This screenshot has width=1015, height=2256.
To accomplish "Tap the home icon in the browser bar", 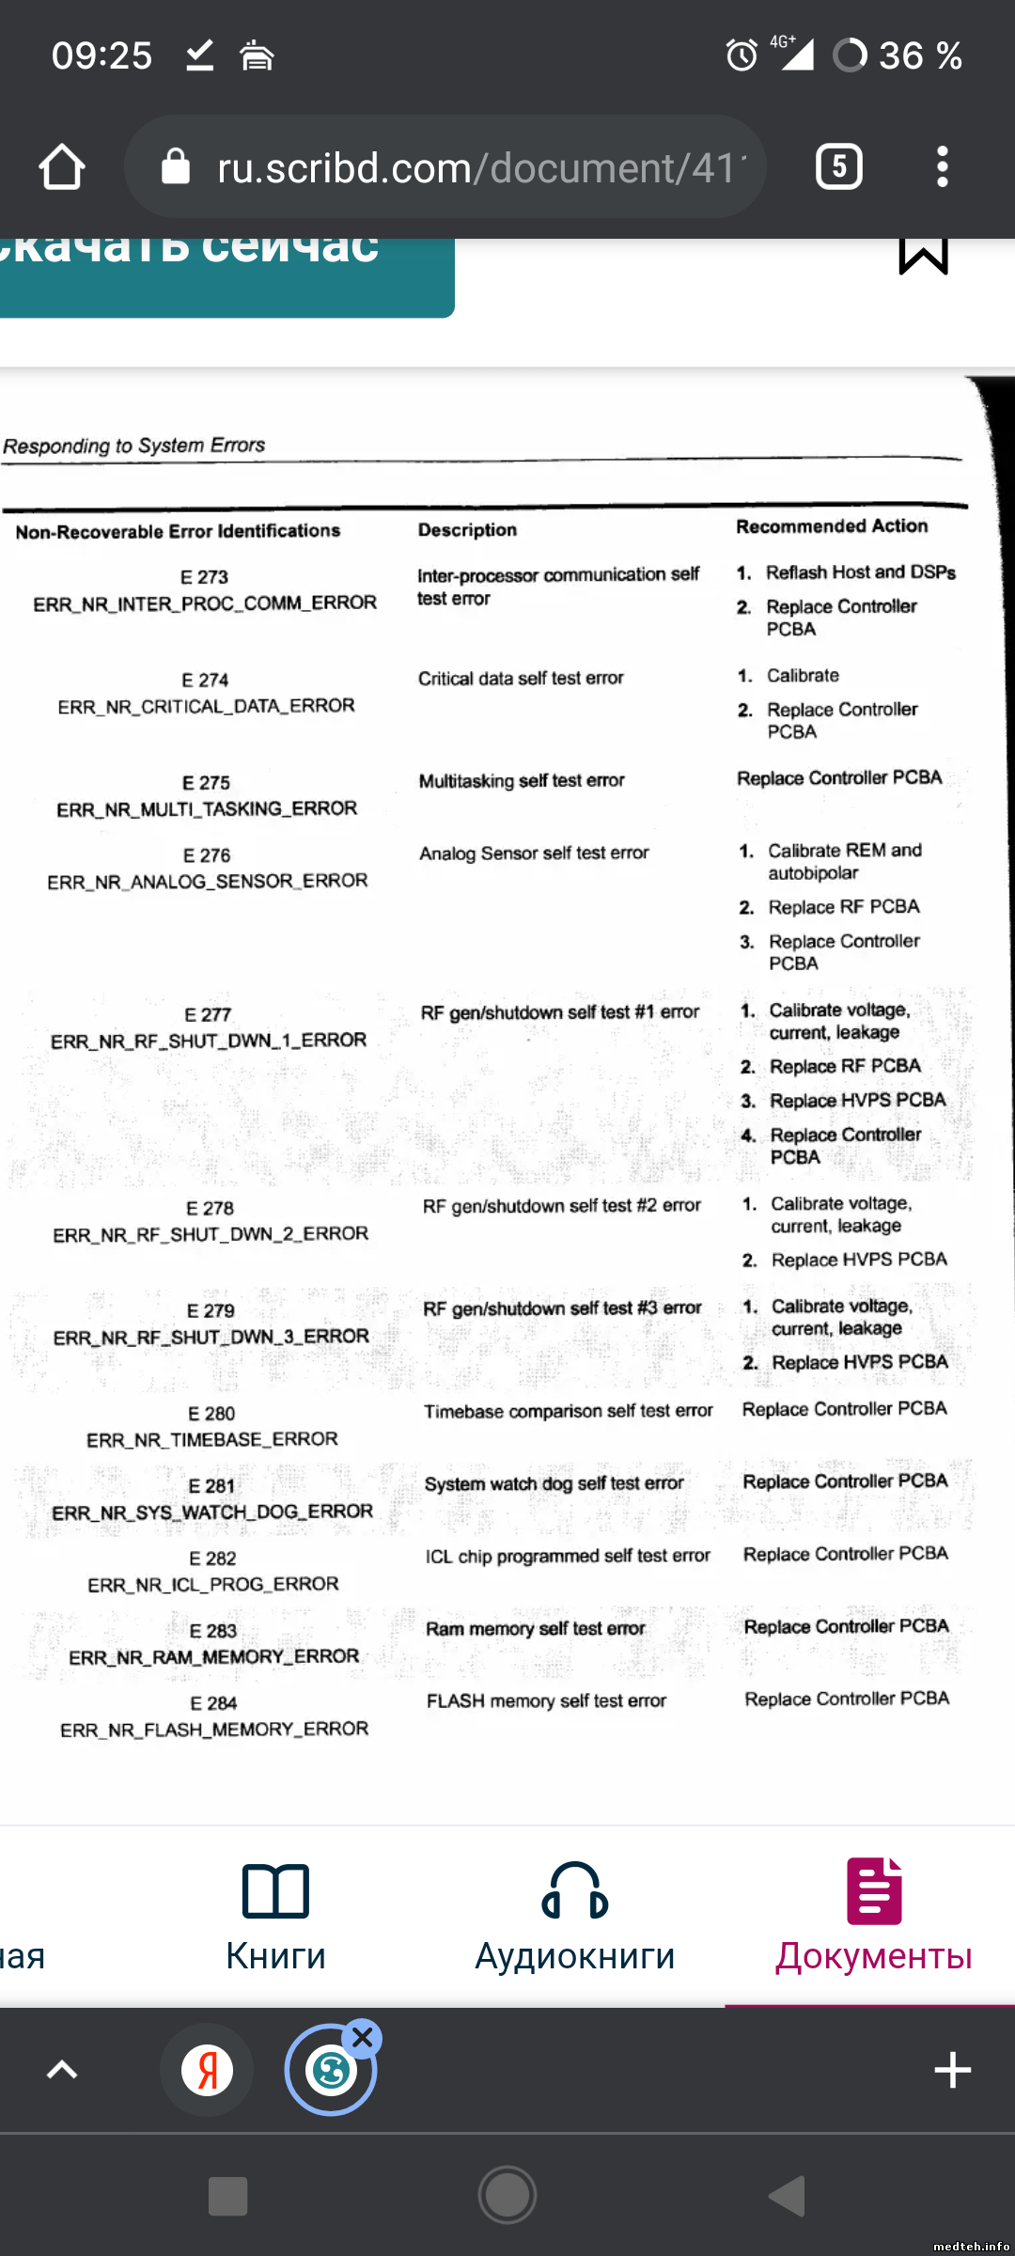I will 62,167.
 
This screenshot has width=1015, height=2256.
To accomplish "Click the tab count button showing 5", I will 839,167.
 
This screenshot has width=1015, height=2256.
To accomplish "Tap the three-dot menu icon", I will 942,167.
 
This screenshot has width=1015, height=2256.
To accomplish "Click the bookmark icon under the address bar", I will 923,255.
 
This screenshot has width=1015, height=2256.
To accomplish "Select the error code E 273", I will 205,576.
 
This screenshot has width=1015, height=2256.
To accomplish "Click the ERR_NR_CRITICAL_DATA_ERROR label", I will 206,706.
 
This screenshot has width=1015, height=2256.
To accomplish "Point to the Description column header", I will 467,530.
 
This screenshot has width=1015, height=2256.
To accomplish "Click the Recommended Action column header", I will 832,526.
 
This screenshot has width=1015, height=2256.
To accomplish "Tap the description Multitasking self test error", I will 522,780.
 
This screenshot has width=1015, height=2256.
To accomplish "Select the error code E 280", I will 211,1414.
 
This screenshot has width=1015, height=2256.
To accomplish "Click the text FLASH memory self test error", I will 546,1700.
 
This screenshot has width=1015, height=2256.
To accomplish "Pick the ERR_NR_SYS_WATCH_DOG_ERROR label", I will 212,1512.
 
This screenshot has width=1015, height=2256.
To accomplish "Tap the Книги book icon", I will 275,1890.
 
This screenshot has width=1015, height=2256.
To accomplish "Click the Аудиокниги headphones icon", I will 574,1890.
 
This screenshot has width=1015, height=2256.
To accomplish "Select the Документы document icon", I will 873,1890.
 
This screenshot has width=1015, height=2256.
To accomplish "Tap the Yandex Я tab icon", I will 207,2070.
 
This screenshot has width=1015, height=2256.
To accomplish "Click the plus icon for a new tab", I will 952,2070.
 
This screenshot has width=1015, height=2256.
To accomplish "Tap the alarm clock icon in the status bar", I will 742,55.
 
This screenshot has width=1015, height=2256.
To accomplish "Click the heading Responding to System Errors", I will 134,446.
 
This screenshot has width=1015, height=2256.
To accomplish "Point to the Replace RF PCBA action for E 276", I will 844,907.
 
